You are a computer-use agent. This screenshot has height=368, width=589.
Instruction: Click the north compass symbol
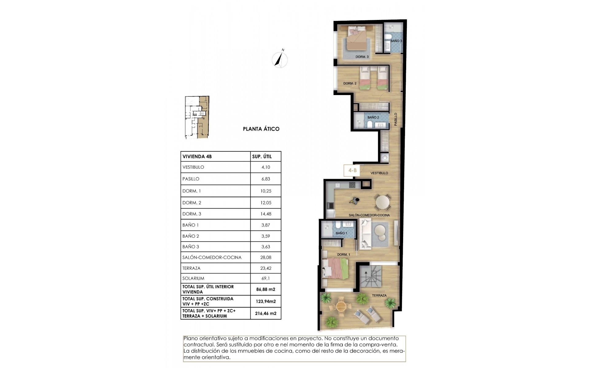point(280,59)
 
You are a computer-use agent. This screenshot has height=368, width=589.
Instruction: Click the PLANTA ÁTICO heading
point(261,129)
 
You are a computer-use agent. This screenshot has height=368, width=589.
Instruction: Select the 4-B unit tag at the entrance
point(352,171)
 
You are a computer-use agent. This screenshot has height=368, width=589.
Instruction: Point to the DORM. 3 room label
point(362,57)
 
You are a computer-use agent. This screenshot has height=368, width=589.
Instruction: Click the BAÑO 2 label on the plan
point(373,117)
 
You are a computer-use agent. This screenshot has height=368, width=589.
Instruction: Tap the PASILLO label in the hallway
point(396,119)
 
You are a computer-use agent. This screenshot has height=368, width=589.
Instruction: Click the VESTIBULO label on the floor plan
point(379,173)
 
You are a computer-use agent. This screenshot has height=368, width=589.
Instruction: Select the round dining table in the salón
point(383,202)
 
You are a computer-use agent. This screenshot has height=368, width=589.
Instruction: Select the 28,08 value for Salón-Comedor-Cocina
point(266,258)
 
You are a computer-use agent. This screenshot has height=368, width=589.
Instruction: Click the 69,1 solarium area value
point(266,278)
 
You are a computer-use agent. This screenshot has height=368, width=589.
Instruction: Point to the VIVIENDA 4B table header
point(197,156)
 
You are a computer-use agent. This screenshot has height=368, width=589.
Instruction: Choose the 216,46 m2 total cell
point(266,313)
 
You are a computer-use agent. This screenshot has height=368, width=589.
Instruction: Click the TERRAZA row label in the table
point(191,268)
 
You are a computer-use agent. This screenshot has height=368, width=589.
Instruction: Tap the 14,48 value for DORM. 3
point(266,214)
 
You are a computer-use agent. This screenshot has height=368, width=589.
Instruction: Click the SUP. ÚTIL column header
point(262,156)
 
